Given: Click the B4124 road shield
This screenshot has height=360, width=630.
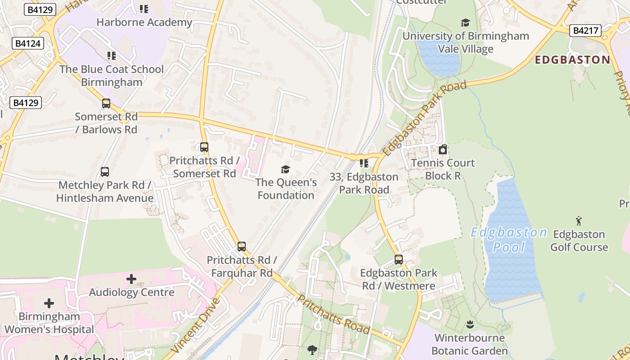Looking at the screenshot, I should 27,44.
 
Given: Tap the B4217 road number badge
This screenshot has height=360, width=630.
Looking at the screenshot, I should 585,31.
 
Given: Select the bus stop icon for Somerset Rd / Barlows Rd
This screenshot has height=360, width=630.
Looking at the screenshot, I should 106,103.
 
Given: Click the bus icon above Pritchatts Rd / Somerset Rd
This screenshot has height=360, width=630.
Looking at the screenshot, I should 204,147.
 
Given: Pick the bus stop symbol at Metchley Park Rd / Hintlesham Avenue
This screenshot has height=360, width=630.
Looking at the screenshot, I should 105,172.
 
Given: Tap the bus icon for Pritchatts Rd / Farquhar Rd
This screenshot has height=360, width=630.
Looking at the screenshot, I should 242,247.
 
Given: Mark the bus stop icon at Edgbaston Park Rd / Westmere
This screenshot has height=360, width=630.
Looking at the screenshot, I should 399,260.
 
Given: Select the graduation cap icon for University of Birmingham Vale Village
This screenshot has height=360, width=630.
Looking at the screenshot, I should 466,22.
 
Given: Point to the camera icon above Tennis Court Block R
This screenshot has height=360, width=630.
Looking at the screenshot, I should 443,149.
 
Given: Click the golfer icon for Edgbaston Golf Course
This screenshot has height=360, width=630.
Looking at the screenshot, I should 579,221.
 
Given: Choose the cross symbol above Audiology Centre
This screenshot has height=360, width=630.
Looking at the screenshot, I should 131,279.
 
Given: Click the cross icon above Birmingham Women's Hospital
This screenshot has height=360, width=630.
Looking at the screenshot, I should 49,303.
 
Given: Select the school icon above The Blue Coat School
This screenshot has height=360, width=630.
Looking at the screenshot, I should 112,56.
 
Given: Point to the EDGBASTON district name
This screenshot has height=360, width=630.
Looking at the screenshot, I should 572,60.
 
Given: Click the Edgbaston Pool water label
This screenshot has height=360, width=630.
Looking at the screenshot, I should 509,239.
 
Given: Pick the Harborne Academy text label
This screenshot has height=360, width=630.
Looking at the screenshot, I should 144,22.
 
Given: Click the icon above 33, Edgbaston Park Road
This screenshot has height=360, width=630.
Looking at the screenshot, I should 364,163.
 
